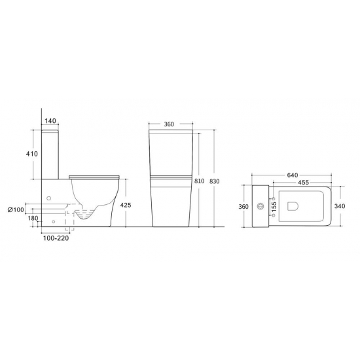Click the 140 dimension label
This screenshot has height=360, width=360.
50,120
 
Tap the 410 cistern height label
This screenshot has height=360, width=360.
31,154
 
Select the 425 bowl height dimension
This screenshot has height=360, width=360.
126,205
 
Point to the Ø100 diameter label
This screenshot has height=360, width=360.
16,209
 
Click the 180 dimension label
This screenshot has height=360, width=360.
33,218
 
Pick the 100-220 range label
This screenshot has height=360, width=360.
56,238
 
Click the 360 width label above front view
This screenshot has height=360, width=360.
169,124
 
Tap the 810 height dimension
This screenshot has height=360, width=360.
199,181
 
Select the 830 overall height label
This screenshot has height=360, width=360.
215,181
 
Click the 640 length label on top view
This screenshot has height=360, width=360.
293,175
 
